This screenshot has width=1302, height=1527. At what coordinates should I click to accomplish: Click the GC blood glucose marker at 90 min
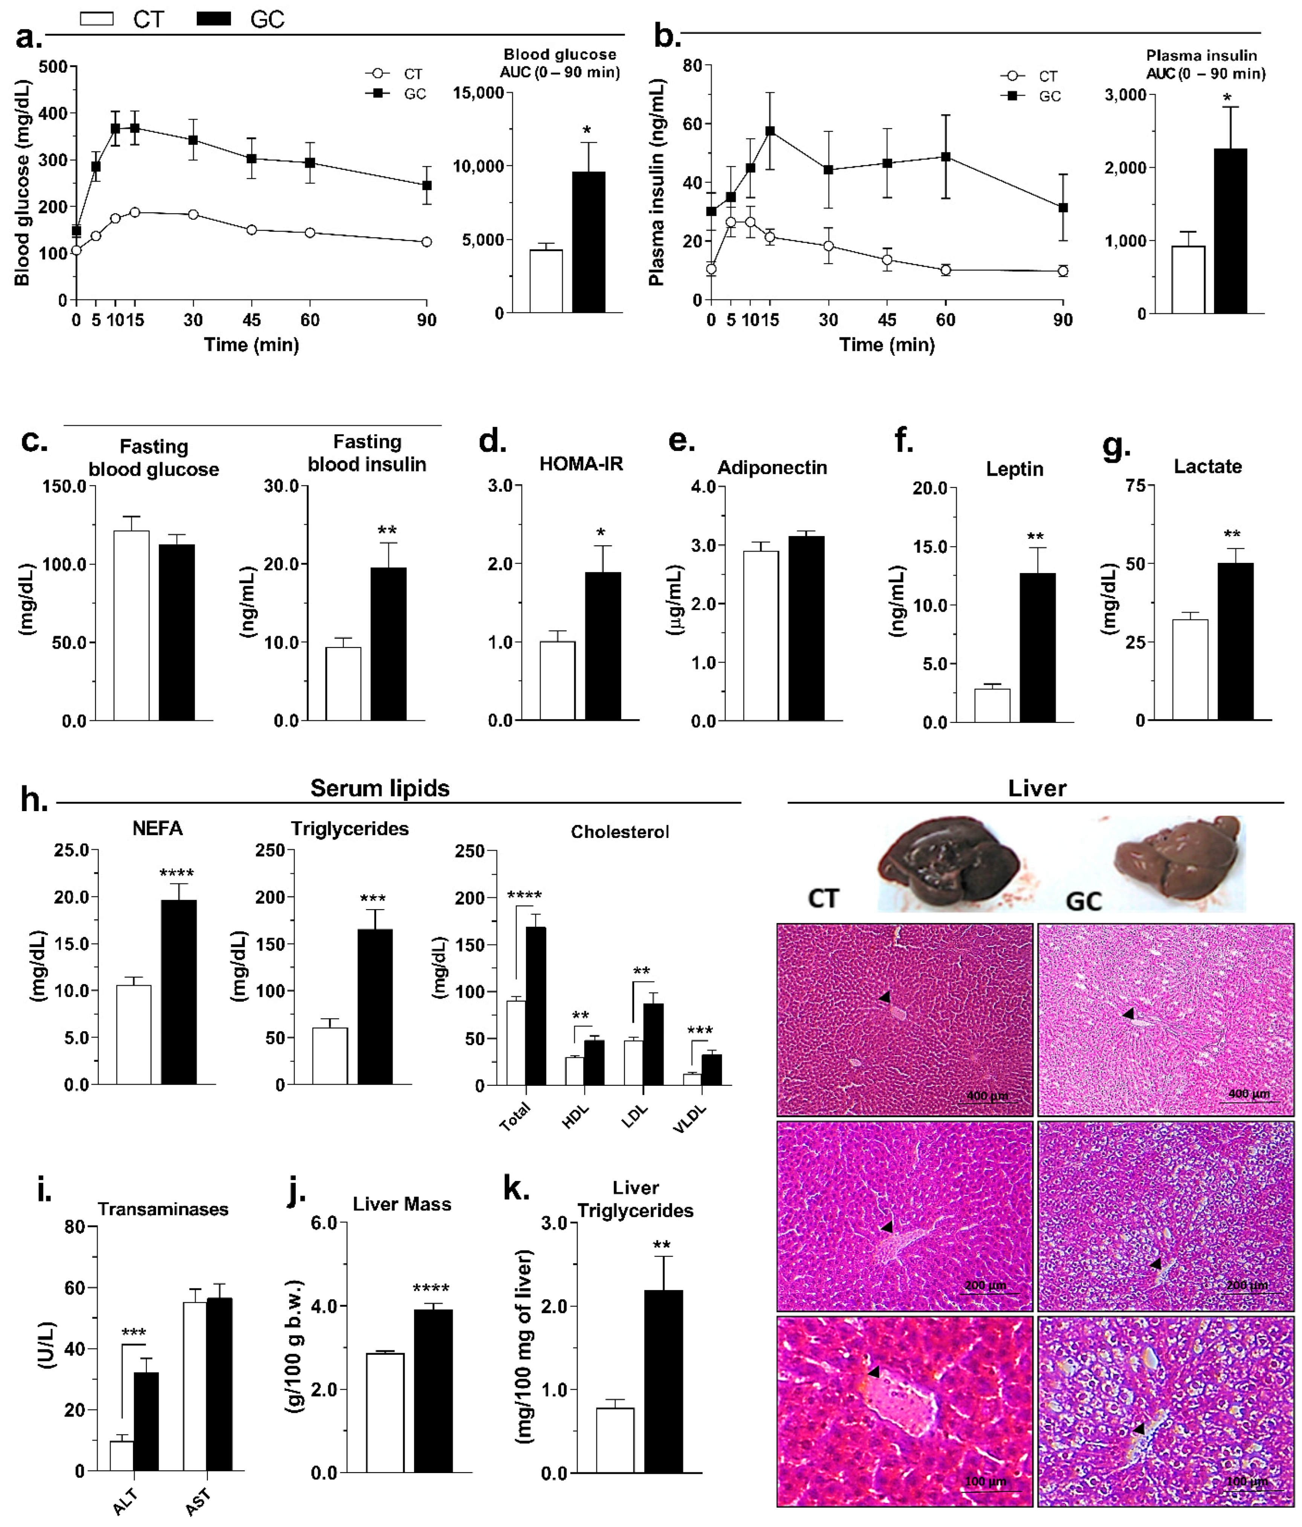tap(426, 185)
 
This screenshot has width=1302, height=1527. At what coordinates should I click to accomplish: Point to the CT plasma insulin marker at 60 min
tap(945, 270)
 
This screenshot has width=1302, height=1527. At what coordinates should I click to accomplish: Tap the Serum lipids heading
tap(379, 788)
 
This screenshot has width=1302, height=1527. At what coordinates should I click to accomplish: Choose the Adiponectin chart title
tap(772, 467)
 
